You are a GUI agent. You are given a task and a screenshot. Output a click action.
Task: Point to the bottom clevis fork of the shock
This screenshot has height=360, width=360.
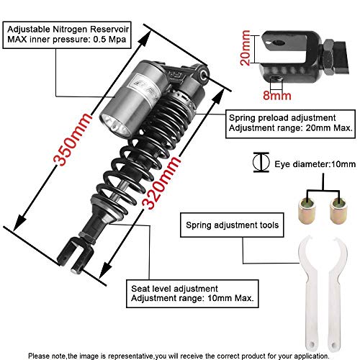pyautogui.click(x=78, y=253)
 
